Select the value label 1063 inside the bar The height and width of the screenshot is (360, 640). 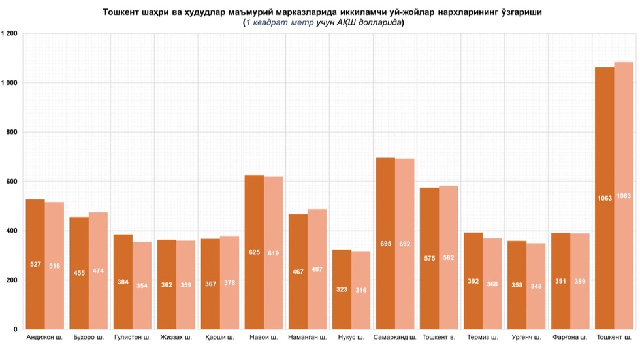click(605, 197)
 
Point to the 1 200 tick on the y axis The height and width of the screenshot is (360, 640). click(9, 33)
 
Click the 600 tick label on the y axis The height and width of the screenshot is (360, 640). click(11, 182)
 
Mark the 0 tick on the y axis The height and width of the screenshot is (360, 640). click(15, 329)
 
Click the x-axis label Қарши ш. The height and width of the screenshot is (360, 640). click(220, 338)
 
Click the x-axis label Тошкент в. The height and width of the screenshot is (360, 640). click(439, 338)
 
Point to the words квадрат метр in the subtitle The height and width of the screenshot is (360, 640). click(278, 22)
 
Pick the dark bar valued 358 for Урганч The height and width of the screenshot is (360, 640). click(517, 285)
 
